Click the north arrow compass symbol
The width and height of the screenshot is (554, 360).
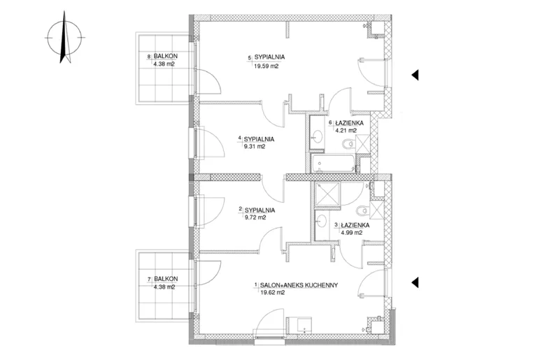pos(64,37)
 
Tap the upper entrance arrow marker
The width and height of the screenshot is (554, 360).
pos(415,75)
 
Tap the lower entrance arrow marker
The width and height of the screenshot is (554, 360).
pos(415,282)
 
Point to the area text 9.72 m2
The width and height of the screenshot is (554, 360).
pos(255,217)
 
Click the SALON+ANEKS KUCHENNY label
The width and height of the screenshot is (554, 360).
pos(299,285)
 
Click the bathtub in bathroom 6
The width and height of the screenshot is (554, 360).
pos(333,164)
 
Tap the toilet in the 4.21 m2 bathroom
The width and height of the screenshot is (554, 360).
pos(348,143)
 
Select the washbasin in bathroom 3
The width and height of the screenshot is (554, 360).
pos(322,221)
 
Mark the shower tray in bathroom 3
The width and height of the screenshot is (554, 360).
pos(327,193)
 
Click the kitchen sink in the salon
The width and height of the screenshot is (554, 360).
pos(304,325)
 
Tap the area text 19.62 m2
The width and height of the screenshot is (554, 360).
pos(272,292)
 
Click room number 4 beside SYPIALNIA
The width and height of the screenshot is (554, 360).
pos(240,138)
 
